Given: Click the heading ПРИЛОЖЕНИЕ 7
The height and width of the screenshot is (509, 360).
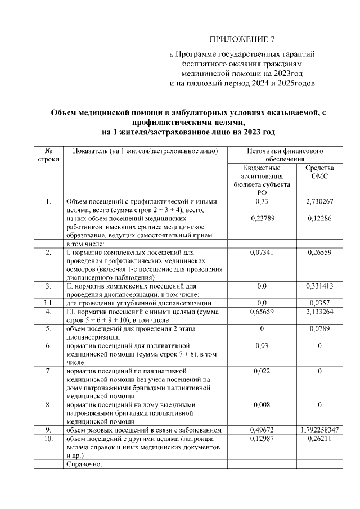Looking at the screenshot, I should coord(242,39).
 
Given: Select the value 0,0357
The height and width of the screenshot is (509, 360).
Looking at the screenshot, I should coord(319,303).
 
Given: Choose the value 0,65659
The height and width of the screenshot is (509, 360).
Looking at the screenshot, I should coord(262,312).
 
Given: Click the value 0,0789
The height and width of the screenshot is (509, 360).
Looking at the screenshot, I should coord(319,328).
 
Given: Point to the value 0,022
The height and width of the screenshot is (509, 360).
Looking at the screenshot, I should coord(262,371).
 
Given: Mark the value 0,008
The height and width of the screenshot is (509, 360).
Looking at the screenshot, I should coord(262,404).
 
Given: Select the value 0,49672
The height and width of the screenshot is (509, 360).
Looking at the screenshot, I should coord(262,430).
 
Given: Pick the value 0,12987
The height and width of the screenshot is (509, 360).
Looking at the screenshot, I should coord(262,439).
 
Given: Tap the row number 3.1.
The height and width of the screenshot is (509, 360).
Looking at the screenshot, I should coord(49,303).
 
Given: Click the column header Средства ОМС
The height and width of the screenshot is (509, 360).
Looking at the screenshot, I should coord(319,172).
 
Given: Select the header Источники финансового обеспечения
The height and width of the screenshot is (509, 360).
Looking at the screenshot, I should coord(285,156).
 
